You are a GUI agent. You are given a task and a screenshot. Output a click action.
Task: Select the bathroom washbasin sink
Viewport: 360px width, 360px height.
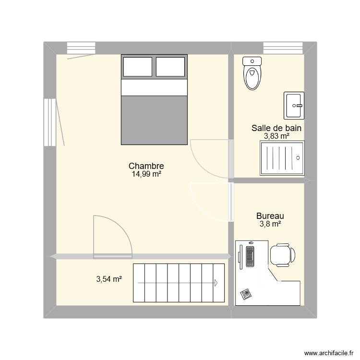[293, 105]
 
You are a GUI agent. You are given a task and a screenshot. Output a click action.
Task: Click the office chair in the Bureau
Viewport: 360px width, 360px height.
[282, 254]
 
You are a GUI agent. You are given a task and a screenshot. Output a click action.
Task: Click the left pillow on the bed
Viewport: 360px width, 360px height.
[138, 66]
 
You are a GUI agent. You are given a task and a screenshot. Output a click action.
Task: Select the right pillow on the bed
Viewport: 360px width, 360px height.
[170, 66]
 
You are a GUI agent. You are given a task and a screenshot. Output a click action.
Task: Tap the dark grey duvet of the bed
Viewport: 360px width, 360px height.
[154, 120]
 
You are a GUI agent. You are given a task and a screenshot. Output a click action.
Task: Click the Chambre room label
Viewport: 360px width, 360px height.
[146, 166]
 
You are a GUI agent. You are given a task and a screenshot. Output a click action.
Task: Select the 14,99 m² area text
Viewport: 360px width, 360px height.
[146, 175]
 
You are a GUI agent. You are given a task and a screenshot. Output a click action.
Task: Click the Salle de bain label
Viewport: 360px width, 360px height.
[276, 128]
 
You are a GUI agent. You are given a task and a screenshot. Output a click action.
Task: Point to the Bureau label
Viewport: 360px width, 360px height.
[270, 216]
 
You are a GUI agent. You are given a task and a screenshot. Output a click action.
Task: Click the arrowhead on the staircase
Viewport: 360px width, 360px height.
[217, 283]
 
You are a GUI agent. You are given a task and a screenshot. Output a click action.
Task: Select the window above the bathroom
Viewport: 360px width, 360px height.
[282, 48]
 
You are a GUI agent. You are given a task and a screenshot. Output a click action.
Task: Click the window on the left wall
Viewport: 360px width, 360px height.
[49, 122]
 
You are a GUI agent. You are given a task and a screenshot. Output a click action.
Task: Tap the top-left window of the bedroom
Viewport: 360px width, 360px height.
[81, 48]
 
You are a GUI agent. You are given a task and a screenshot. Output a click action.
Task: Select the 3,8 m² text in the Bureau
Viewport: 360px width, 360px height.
[270, 224]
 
